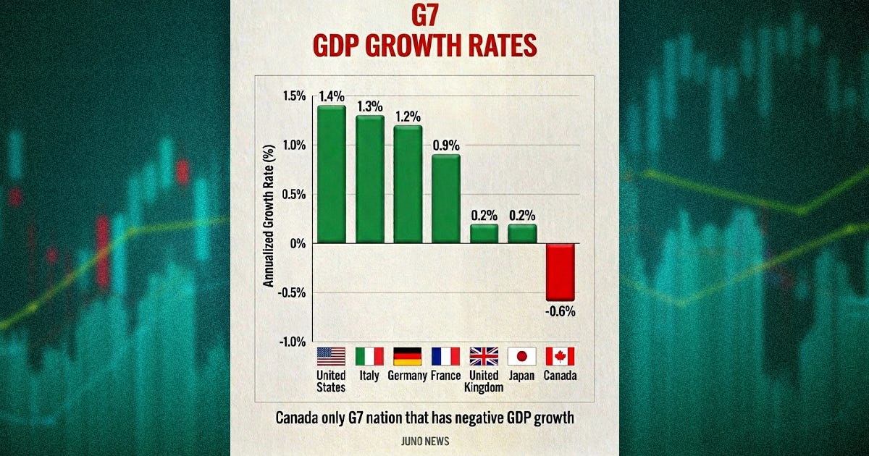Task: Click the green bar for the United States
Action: (x=331, y=174)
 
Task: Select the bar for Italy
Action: (x=369, y=180)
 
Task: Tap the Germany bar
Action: (x=408, y=185)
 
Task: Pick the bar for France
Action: (x=446, y=199)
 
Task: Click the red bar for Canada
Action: (x=560, y=271)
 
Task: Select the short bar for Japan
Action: (x=522, y=234)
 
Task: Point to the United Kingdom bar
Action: (x=484, y=234)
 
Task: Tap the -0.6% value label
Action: (x=560, y=312)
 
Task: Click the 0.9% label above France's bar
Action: (x=446, y=145)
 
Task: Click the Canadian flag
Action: (x=560, y=356)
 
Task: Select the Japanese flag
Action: (x=522, y=356)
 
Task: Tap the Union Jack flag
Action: (x=484, y=356)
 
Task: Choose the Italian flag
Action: (x=369, y=356)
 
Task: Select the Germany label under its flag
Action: (x=408, y=376)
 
